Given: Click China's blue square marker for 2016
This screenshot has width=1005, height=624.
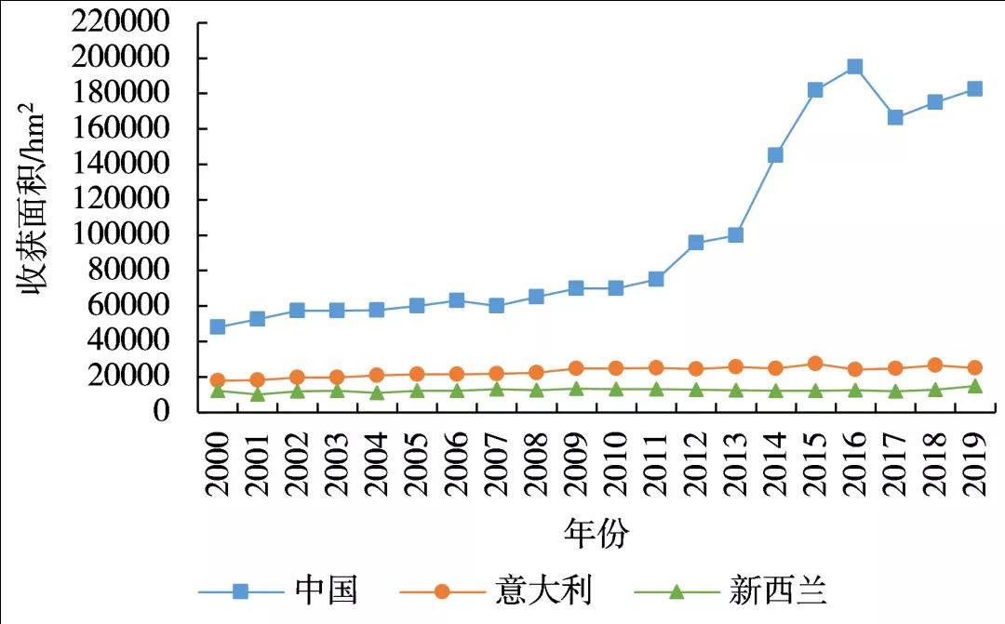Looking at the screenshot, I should (854, 67).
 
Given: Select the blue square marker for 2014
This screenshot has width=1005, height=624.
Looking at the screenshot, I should (775, 154).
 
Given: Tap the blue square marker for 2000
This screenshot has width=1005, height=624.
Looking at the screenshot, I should (218, 326).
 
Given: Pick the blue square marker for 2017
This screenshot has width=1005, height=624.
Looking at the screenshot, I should (895, 117).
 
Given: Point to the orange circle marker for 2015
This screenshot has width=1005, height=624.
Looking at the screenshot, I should (815, 364).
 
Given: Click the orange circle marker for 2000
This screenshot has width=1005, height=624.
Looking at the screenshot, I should (218, 379).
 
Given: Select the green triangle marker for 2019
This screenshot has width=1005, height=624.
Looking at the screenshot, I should (974, 386).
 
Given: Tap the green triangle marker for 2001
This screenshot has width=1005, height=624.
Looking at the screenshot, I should (258, 394).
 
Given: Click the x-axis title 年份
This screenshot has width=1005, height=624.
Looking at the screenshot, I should (596, 534).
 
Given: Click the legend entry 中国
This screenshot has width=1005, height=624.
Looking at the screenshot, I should (327, 591).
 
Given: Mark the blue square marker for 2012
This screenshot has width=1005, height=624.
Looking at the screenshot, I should (696, 243).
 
